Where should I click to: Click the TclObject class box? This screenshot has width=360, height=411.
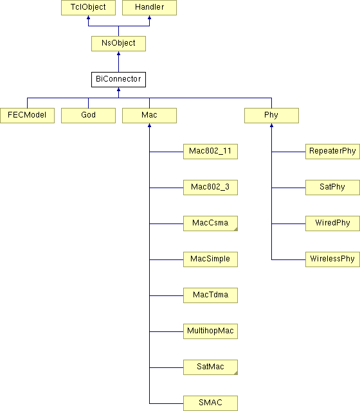point(88,7)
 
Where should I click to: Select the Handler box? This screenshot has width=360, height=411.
point(149,7)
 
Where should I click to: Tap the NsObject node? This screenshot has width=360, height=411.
point(118,44)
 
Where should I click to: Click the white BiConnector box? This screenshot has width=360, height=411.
point(118,80)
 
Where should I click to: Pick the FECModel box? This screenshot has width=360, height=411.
point(27,116)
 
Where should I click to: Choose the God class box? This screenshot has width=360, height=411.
point(88,116)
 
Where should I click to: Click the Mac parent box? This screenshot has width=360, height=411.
point(149,116)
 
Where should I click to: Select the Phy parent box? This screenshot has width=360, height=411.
point(271,116)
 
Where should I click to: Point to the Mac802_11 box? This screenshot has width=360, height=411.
point(210,152)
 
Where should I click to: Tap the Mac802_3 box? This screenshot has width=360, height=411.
point(210,188)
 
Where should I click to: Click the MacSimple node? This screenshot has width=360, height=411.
point(210,259)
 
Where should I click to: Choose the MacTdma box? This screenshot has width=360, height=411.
point(210,295)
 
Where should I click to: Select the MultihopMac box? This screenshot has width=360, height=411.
point(210,331)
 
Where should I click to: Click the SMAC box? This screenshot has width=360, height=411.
point(210,403)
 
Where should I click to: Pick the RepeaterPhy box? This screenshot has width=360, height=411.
point(332,152)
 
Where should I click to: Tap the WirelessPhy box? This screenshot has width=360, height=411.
point(332,259)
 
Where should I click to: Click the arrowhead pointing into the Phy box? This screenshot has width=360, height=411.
point(271,126)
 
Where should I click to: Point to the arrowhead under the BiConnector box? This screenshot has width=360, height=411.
point(118,90)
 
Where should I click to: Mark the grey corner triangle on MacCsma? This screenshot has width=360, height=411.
point(236,229)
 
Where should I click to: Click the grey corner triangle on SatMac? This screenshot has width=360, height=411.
point(236,373)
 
